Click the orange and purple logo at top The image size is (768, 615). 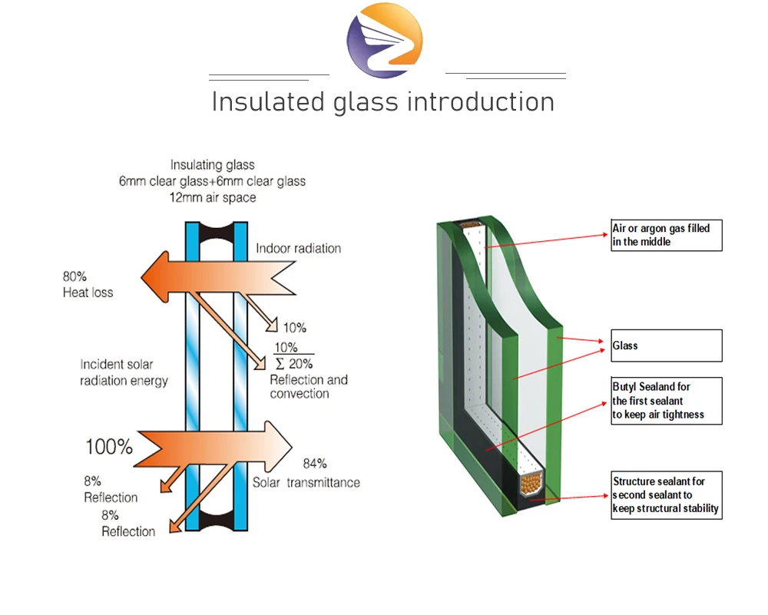tap(384, 40)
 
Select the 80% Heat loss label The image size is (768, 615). tap(88, 284)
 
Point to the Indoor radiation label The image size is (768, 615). tap(298, 248)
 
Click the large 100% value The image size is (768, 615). tap(108, 446)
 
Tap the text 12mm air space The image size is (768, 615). tap(213, 197)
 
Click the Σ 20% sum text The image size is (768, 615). tap(293, 364)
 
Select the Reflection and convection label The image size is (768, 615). tap(309, 386)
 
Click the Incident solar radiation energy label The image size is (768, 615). tap(124, 372)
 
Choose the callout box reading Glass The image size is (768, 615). tap(667, 346)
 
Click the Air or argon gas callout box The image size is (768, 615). tap(667, 235)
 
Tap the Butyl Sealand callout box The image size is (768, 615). tap(667, 401)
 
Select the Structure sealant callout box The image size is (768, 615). tap(667, 494)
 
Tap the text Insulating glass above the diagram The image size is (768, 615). tap(212, 165)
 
